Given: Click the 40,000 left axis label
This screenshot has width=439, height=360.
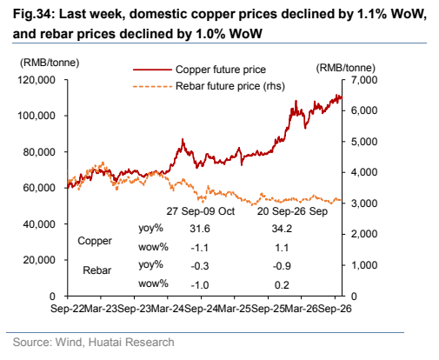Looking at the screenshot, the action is [39, 224].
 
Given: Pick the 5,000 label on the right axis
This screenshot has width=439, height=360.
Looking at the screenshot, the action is [364, 142].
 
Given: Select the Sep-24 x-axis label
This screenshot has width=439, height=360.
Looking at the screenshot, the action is [201, 309].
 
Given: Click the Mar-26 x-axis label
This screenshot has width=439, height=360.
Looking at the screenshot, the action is [301, 309].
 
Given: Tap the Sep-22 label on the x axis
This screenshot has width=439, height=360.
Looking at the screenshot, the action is [67, 309].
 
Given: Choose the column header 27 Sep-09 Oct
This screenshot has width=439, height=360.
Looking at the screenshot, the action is [201, 211].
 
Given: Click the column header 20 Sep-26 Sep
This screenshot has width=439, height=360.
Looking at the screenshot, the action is [292, 211].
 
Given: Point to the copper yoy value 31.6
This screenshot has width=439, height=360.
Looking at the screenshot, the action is [200, 229].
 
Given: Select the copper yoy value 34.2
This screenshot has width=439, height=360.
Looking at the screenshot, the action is [282, 229].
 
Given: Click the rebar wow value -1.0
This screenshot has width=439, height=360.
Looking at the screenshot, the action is [200, 285].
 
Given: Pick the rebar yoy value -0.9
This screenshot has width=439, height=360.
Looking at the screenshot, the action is [282, 266].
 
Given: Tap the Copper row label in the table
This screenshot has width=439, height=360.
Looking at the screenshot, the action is [95, 241].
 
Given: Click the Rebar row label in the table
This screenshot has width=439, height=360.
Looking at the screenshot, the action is [97, 270].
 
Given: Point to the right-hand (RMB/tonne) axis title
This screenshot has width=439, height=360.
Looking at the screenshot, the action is [346, 68].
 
